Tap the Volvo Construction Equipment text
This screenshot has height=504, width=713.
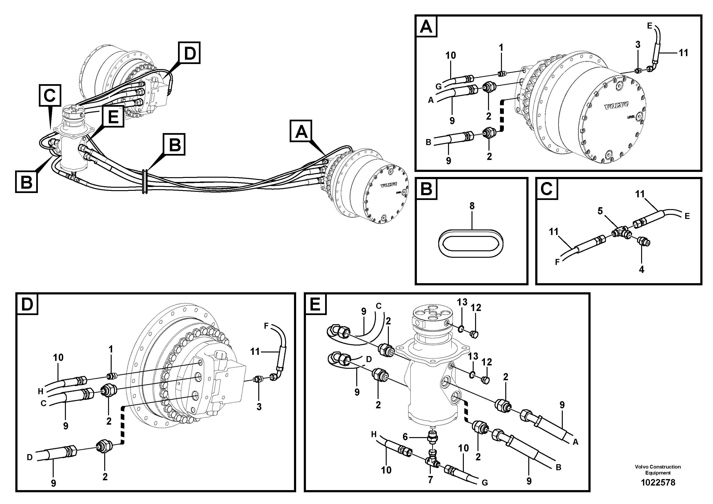tap(658, 469)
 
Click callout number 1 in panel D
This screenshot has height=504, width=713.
tap(110, 349)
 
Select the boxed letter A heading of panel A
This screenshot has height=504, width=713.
tap(426, 27)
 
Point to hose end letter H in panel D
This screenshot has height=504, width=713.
tap(40, 391)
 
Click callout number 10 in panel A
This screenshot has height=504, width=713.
tap(451, 55)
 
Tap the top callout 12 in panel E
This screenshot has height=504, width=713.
tap(476, 308)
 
